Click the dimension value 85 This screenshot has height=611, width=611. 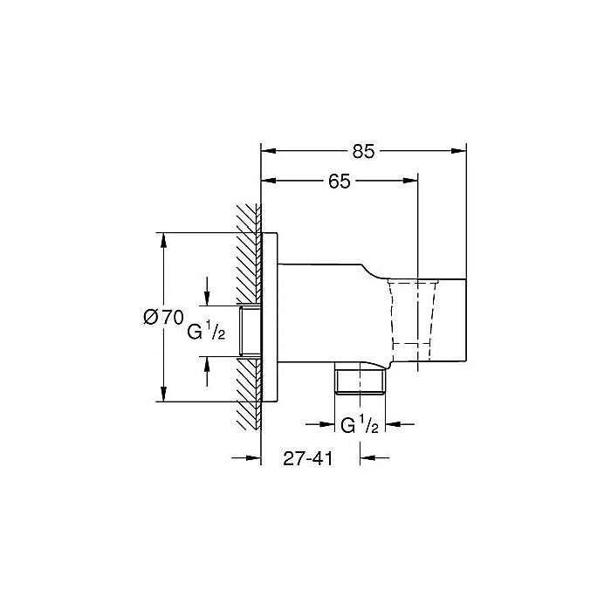click(x=364, y=150)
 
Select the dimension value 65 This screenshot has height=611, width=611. click(x=340, y=181)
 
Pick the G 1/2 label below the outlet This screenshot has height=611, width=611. click(x=359, y=425)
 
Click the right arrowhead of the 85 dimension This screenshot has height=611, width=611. click(x=460, y=150)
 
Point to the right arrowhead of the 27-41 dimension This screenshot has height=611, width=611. click(x=368, y=456)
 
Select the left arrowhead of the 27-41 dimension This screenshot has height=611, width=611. click(x=254, y=456)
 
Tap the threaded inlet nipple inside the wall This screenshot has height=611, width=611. click(x=251, y=331)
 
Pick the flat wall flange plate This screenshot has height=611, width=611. click(x=270, y=318)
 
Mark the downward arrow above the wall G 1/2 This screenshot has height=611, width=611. click(x=207, y=297)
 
